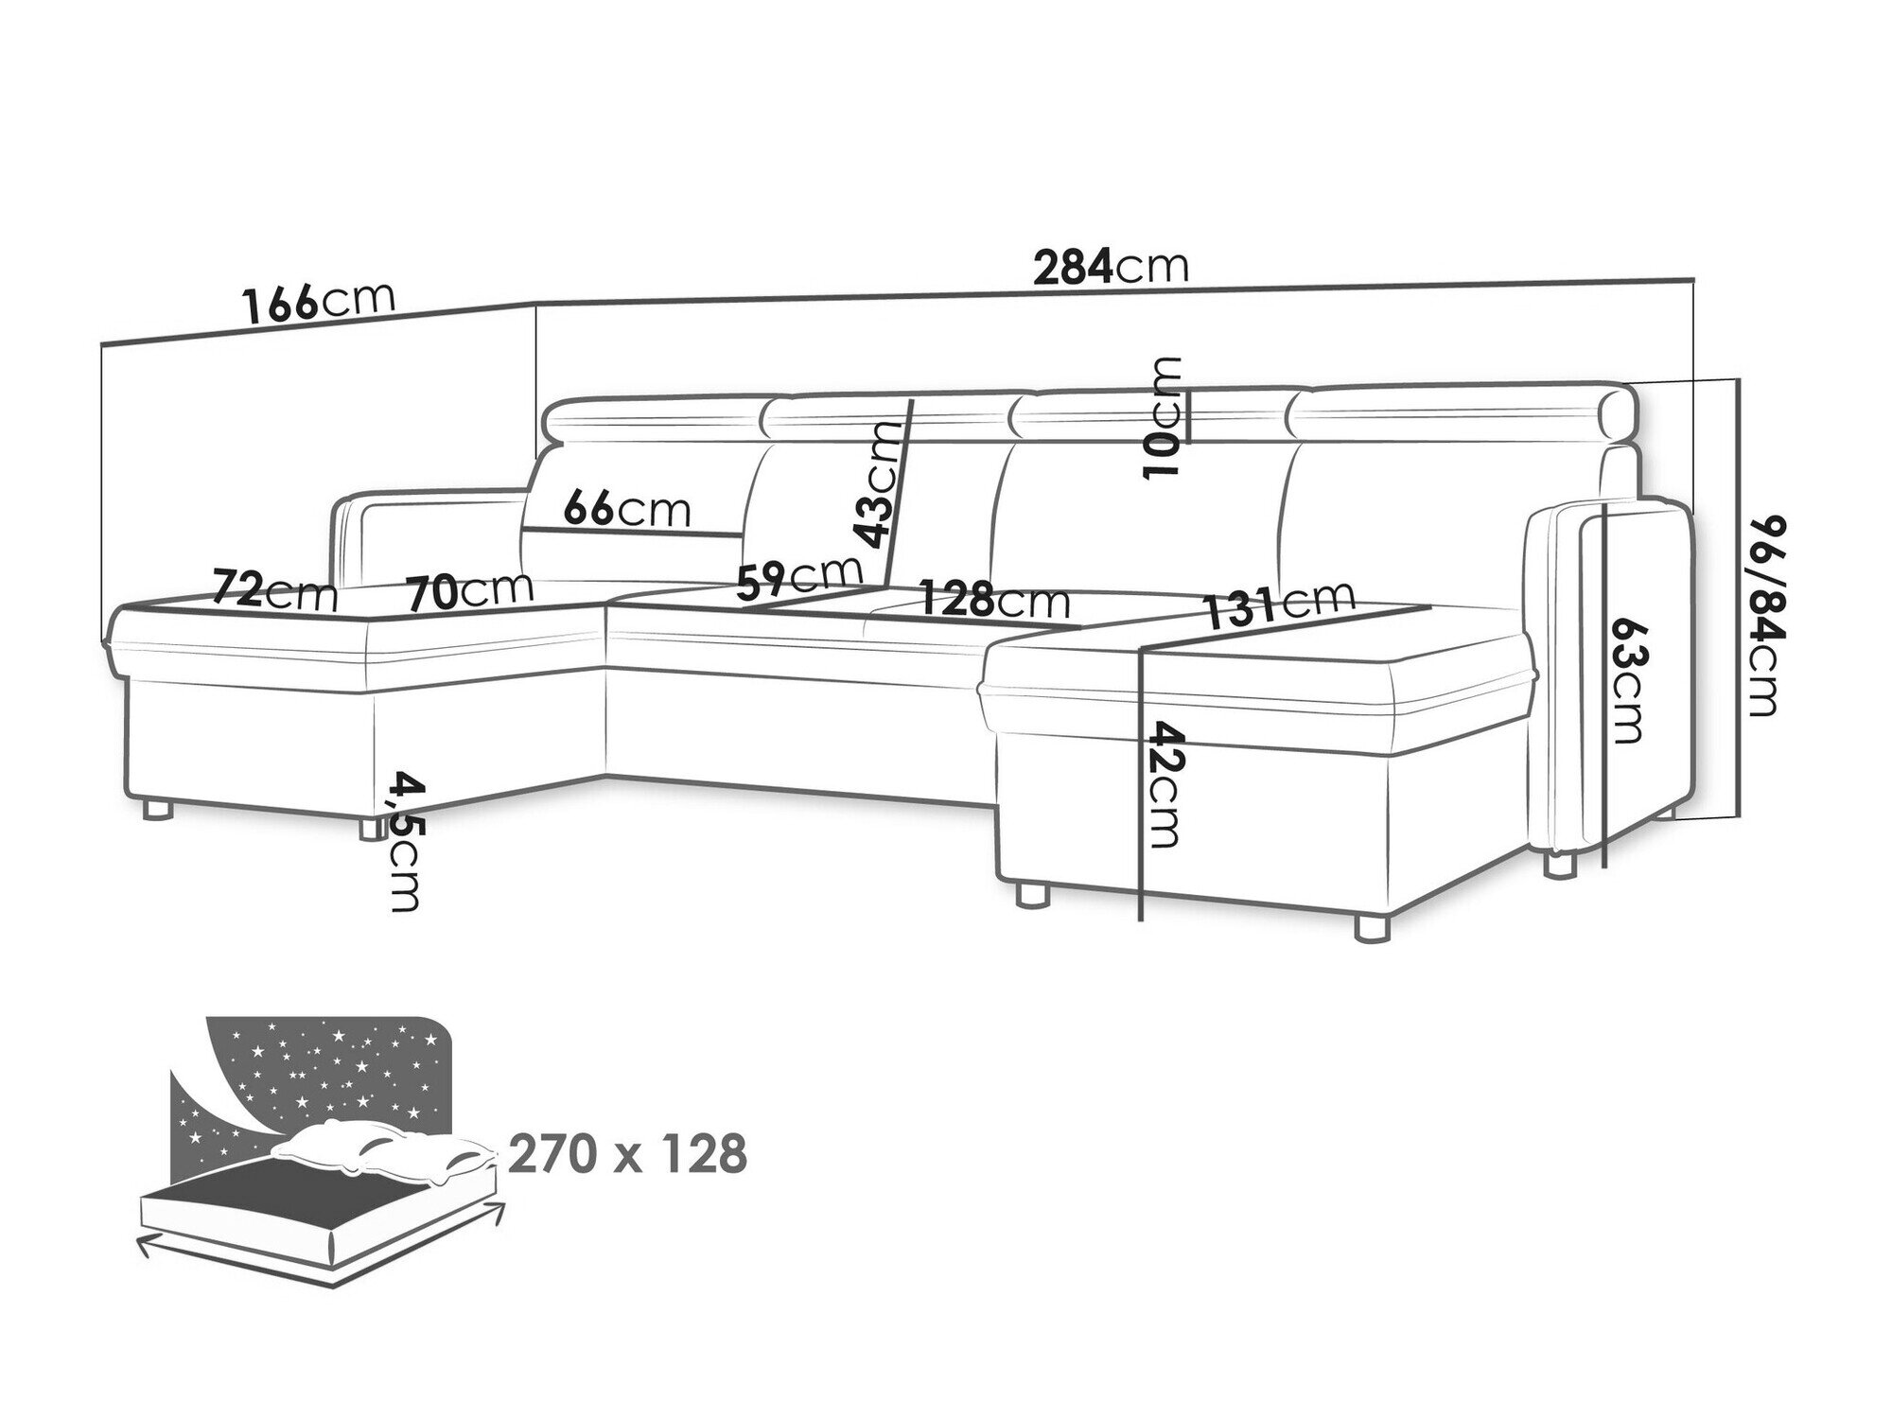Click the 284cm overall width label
click(1110, 268)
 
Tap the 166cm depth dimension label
click(317, 302)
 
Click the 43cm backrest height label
click(876, 484)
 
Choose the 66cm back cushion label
click(626, 510)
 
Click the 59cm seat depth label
click(800, 576)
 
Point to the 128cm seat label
click(994, 599)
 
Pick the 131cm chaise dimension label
click(1280, 603)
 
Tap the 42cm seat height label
click(1164, 785)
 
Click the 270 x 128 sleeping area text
click(627, 1154)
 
